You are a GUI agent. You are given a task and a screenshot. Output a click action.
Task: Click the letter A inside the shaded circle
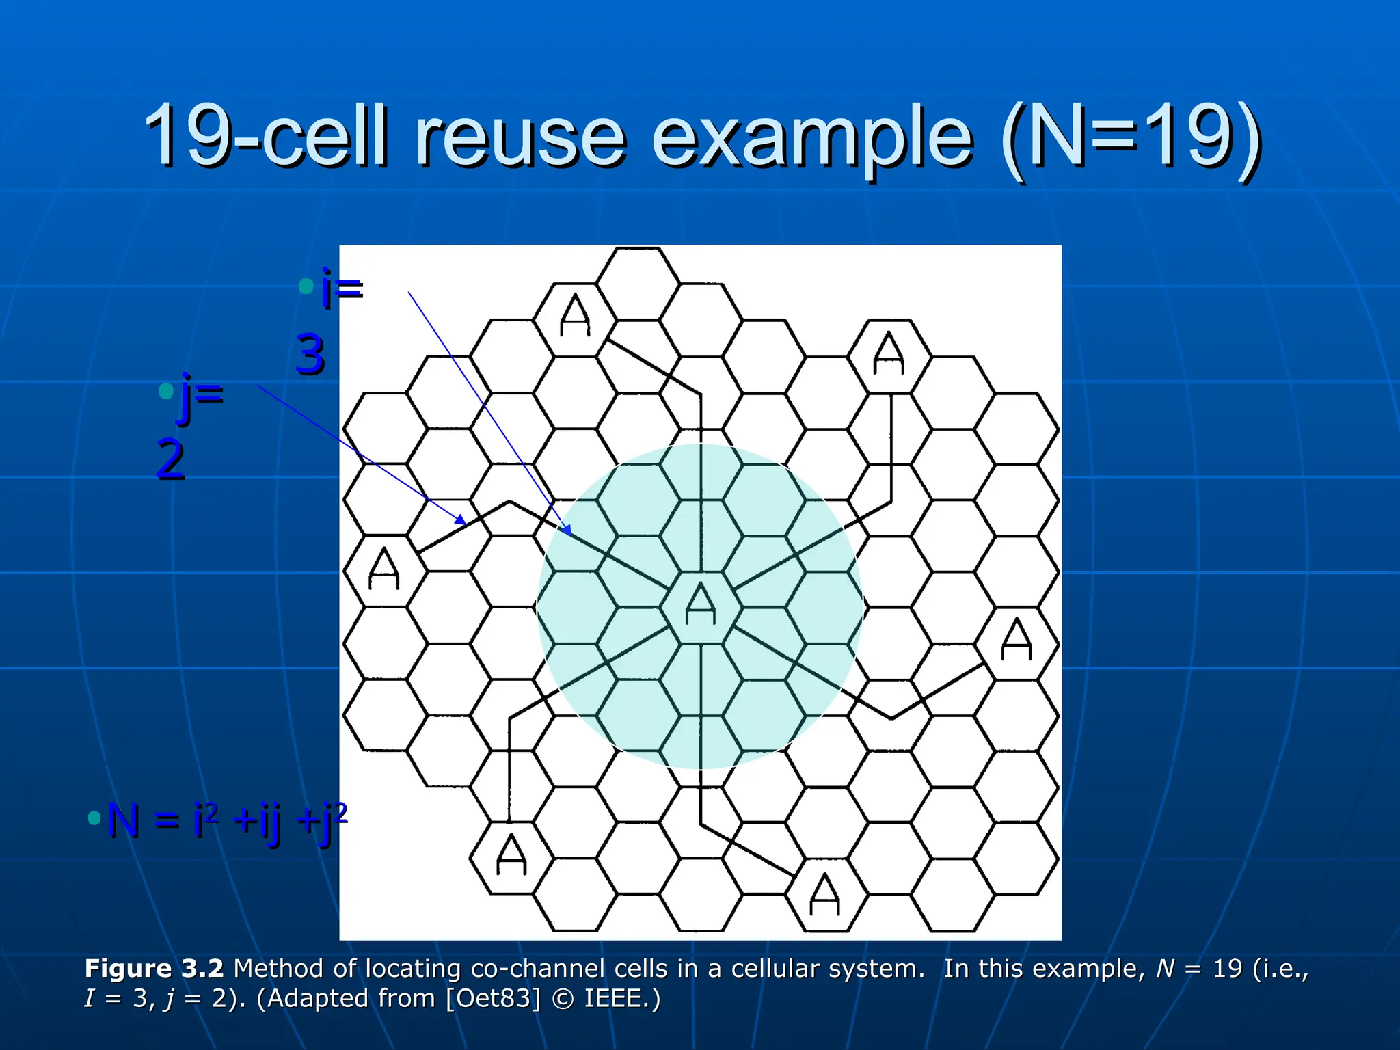pos(700,604)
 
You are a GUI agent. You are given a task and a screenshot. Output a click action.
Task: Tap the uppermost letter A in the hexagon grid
pos(575,315)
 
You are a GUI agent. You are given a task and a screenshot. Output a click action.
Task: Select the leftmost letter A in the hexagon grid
pos(383,569)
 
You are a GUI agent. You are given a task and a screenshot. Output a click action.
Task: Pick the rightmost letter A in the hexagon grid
pos(1016,639)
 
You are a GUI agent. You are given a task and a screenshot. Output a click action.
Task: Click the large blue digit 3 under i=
pos(310,355)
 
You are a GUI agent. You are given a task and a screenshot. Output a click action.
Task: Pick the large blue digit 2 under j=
pos(171,459)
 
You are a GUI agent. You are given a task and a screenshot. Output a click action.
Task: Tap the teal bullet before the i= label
pos(306,286)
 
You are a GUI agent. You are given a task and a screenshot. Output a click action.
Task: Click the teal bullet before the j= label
pos(165,391)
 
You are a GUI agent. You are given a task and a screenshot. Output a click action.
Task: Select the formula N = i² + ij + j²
pos(226,820)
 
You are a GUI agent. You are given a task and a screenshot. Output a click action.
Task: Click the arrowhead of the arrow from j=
pos(463,521)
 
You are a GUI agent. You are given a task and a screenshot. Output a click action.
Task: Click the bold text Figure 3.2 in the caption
pos(154,969)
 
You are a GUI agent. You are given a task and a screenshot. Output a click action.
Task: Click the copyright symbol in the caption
pos(562,999)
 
